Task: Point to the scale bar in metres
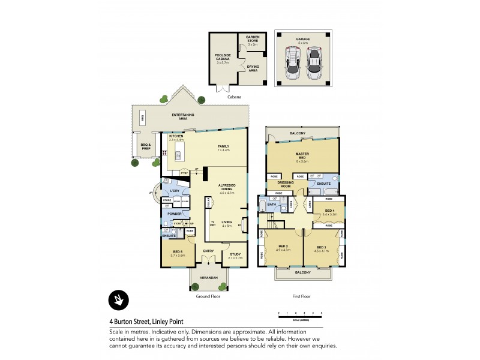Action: coord(300,314)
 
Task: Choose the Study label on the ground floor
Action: coord(235,256)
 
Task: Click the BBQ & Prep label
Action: coord(144,146)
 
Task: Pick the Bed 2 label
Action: coord(283,248)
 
